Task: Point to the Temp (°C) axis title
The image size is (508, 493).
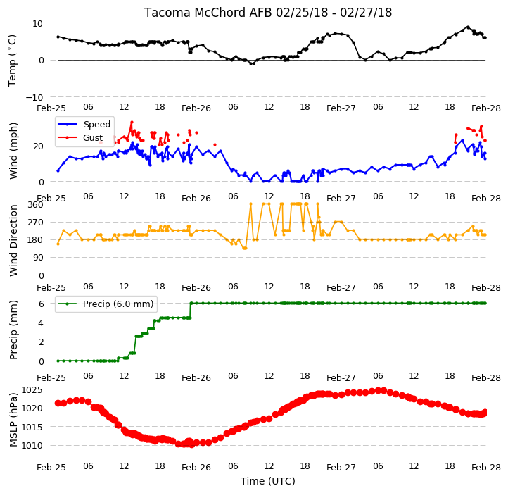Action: (x=12, y=61)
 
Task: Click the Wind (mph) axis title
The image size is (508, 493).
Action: (x=13, y=151)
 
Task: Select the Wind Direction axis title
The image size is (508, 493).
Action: (x=13, y=240)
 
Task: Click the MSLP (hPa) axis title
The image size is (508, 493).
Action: (x=13, y=420)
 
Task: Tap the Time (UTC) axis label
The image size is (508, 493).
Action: (x=268, y=480)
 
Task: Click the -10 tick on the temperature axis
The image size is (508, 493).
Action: (x=34, y=97)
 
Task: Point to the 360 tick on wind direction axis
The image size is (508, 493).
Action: (x=36, y=205)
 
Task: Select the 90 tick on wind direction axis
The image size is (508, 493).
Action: (x=38, y=258)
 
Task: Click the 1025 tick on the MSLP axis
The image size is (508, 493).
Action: (x=32, y=389)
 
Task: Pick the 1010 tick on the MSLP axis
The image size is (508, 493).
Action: (x=32, y=445)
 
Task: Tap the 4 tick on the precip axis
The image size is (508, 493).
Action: (x=41, y=323)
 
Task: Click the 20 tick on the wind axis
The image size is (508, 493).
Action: (x=38, y=146)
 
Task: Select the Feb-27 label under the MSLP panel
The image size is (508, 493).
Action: (x=341, y=468)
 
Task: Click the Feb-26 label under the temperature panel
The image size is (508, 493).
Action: (x=196, y=108)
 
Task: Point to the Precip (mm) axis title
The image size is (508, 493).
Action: (x=13, y=330)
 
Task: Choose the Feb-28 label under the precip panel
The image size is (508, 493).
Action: (x=486, y=378)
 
